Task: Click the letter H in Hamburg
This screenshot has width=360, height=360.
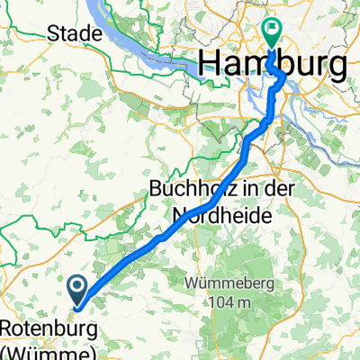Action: pyautogui.click(x=210, y=66)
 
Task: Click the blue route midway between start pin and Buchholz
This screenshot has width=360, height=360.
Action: pyautogui.click(x=135, y=256)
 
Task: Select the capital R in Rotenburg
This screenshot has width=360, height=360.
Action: pyautogui.click(x=8, y=327)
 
